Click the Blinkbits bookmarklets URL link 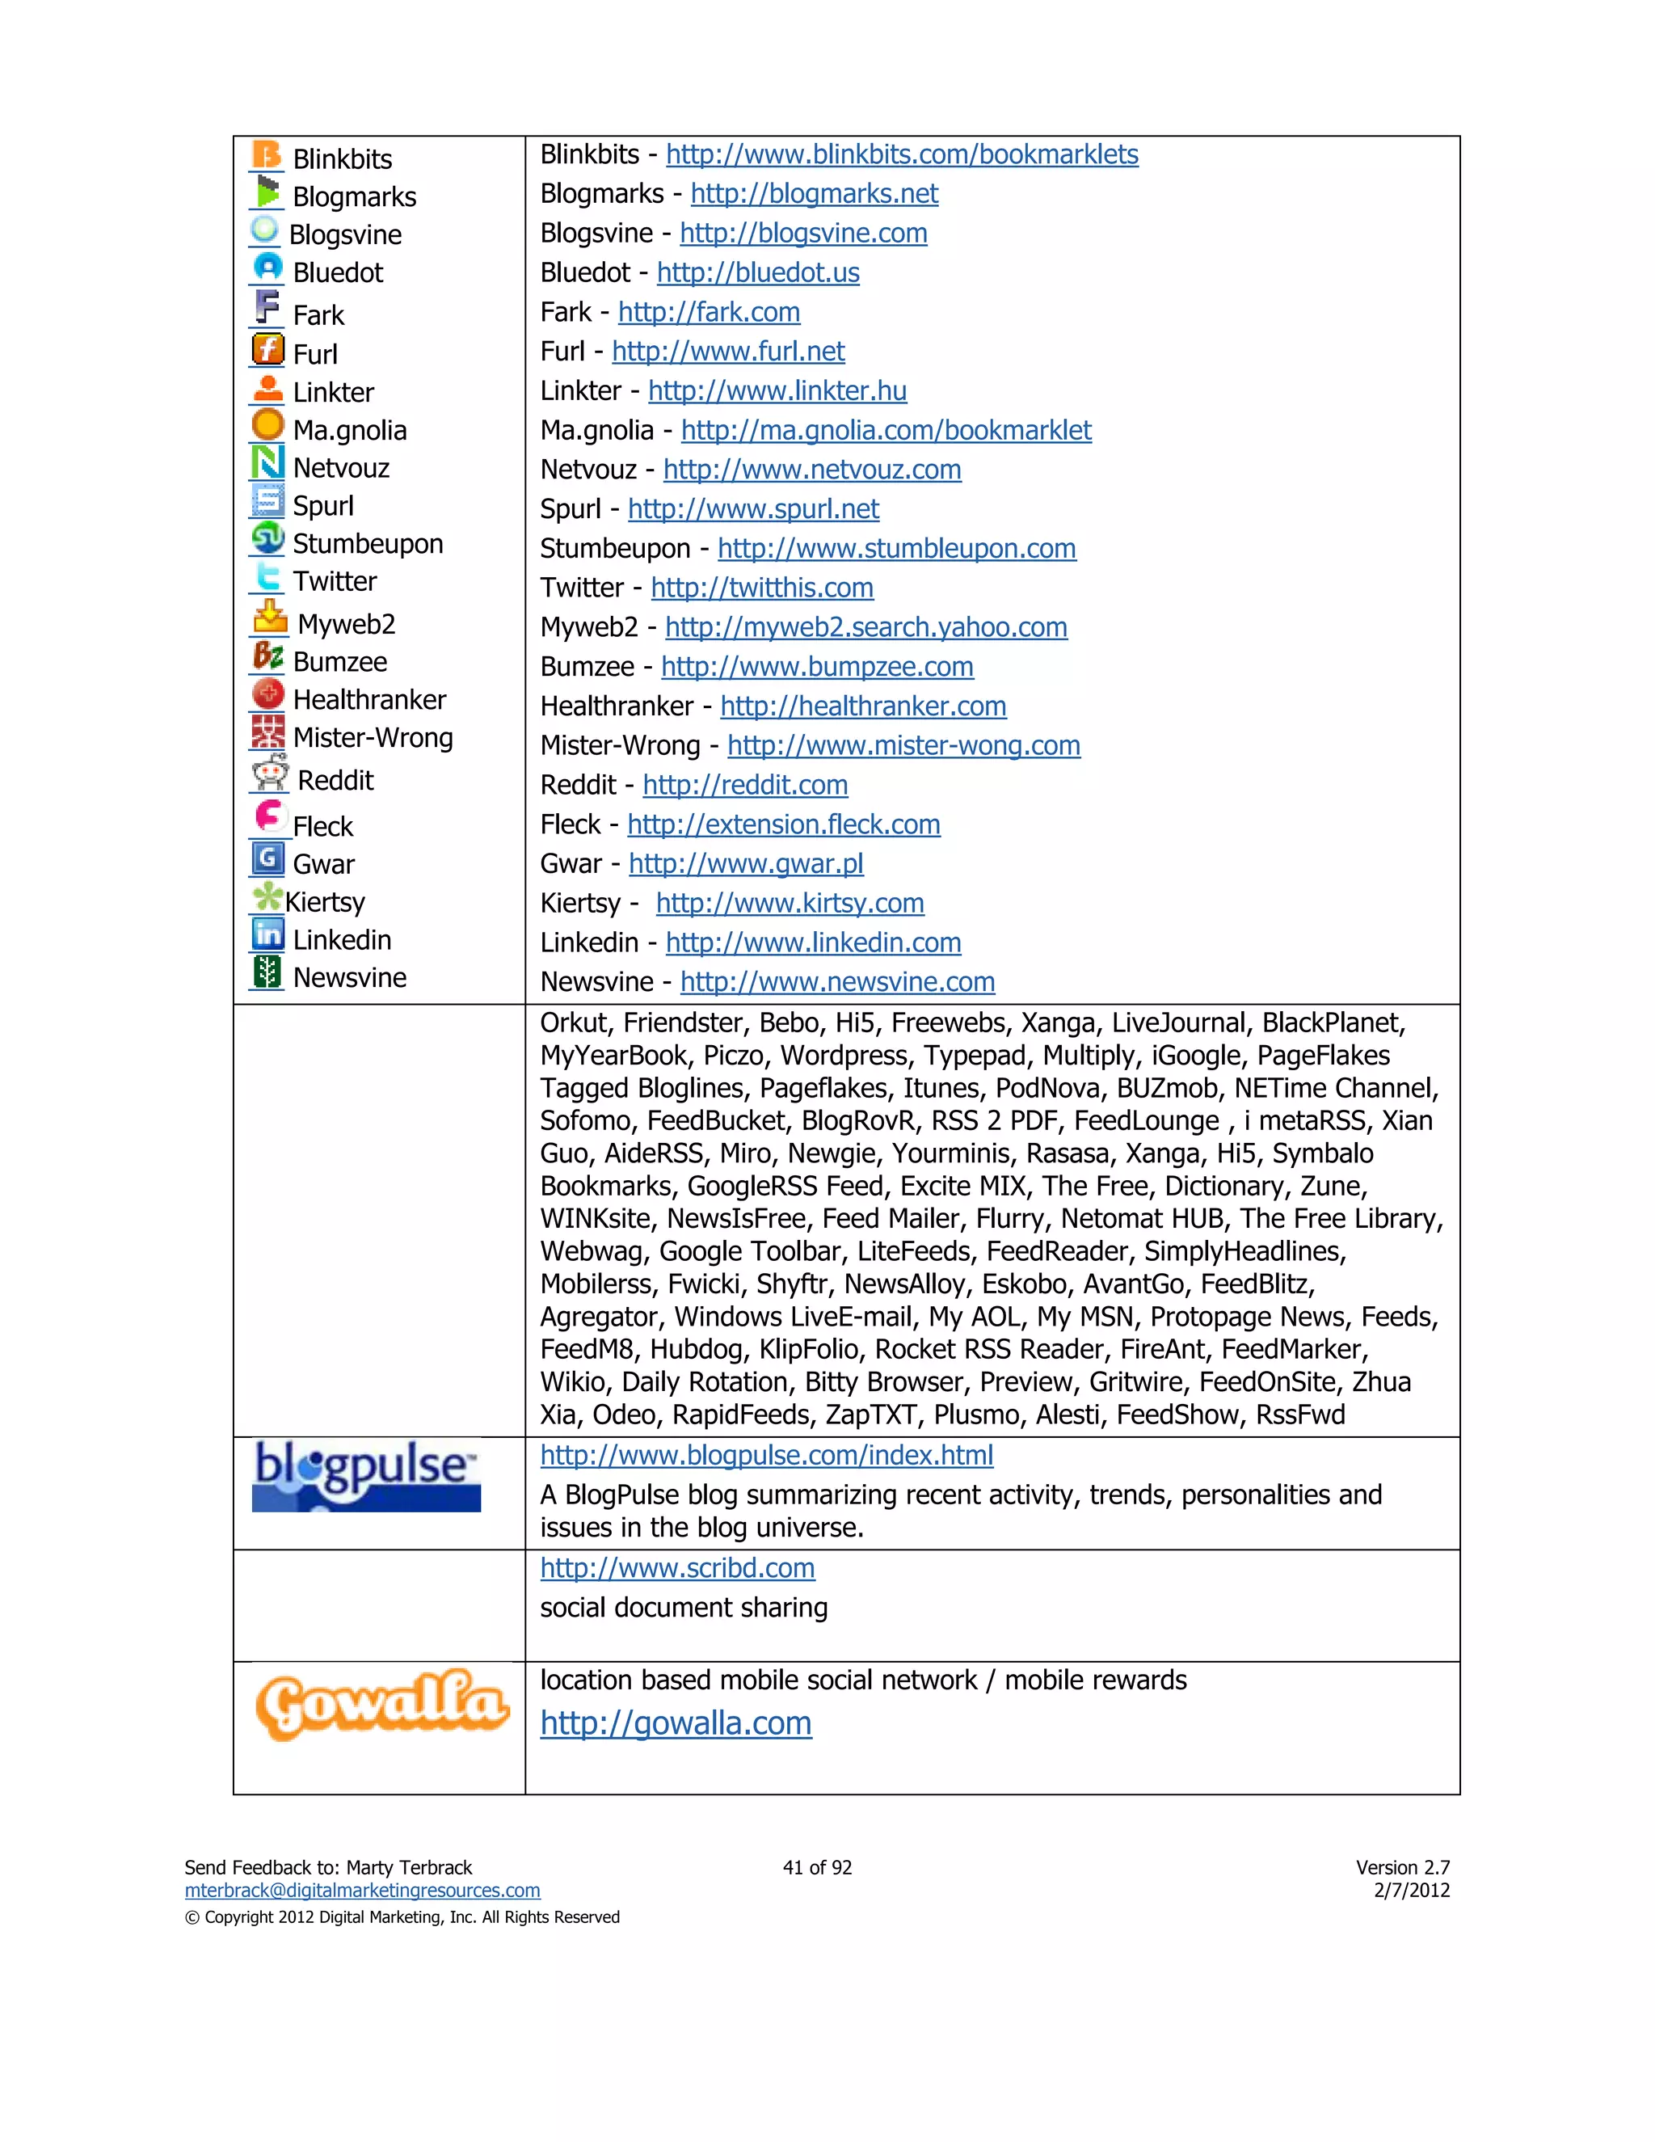pyautogui.click(x=902, y=155)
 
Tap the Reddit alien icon pyautogui.click(x=268, y=774)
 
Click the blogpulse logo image pyautogui.click(x=366, y=1476)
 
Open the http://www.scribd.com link pyautogui.click(x=677, y=1568)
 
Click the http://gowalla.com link pyautogui.click(x=676, y=1723)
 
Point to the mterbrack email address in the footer pyautogui.click(x=362, y=1890)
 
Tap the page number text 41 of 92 pyautogui.click(x=817, y=1867)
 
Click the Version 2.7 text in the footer pyautogui.click(x=1402, y=1867)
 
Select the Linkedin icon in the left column pyautogui.click(x=267, y=934)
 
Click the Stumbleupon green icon pyautogui.click(x=267, y=538)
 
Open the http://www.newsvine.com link pyautogui.click(x=837, y=982)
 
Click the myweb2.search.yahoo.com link pyautogui.click(x=865, y=628)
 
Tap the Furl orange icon pyautogui.click(x=267, y=349)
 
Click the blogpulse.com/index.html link pyautogui.click(x=767, y=1456)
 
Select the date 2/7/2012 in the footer pyautogui.click(x=1411, y=1890)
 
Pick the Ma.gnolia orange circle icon pyautogui.click(x=267, y=424)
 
